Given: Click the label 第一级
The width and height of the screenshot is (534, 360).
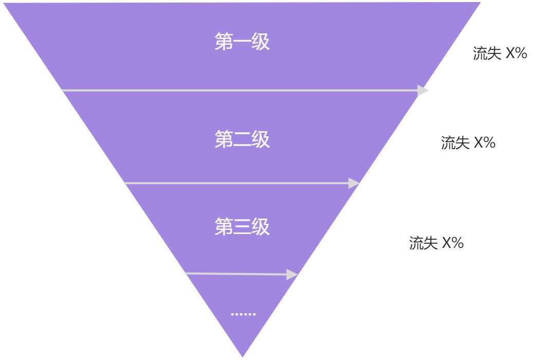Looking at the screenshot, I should click(242, 42).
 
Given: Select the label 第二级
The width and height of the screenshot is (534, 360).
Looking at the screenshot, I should click(242, 139).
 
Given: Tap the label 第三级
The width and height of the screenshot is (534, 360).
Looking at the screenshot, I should click(242, 227).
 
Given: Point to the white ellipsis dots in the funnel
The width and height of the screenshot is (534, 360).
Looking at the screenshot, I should click(243, 314).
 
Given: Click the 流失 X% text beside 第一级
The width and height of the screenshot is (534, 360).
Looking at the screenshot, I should click(500, 53).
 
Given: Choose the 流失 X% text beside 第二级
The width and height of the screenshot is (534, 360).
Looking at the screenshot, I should click(468, 143).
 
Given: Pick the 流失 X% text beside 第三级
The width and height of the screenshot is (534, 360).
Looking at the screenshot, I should click(436, 243).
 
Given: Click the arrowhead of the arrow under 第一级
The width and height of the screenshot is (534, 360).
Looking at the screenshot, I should click(423, 91).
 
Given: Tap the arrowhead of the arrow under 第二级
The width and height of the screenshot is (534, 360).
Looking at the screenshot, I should click(354, 183).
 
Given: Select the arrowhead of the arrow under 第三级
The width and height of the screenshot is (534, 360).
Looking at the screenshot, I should click(292, 275).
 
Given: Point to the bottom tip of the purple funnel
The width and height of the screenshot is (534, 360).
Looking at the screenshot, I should click(242, 356).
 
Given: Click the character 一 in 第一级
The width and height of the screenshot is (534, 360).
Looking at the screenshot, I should click(242, 42).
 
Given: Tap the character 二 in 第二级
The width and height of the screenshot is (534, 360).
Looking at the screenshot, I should click(242, 139).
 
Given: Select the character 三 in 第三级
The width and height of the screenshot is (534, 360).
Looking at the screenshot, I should click(242, 227).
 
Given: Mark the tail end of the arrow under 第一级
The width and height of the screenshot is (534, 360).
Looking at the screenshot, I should click(63, 91).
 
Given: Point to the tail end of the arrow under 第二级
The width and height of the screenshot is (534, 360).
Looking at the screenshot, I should click(125, 183).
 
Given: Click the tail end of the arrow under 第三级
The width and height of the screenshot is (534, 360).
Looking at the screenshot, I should click(186, 274).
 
